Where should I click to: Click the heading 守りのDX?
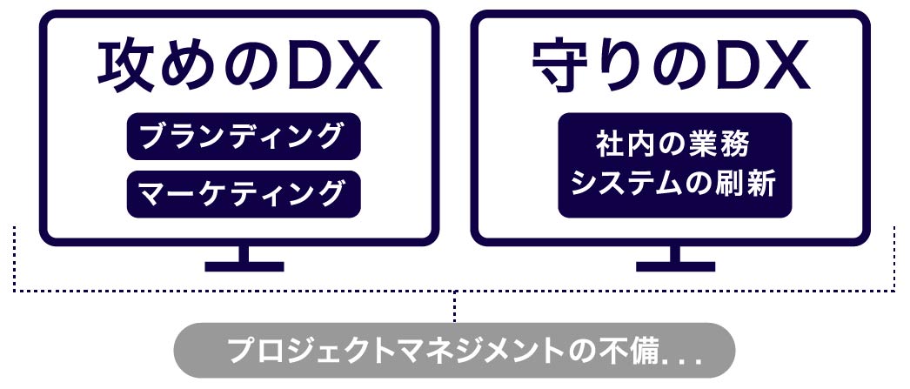click(671, 68)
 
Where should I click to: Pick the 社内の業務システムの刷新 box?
click(675, 165)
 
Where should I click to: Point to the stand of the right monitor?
click(675, 259)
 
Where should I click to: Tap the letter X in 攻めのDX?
click(352, 68)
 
